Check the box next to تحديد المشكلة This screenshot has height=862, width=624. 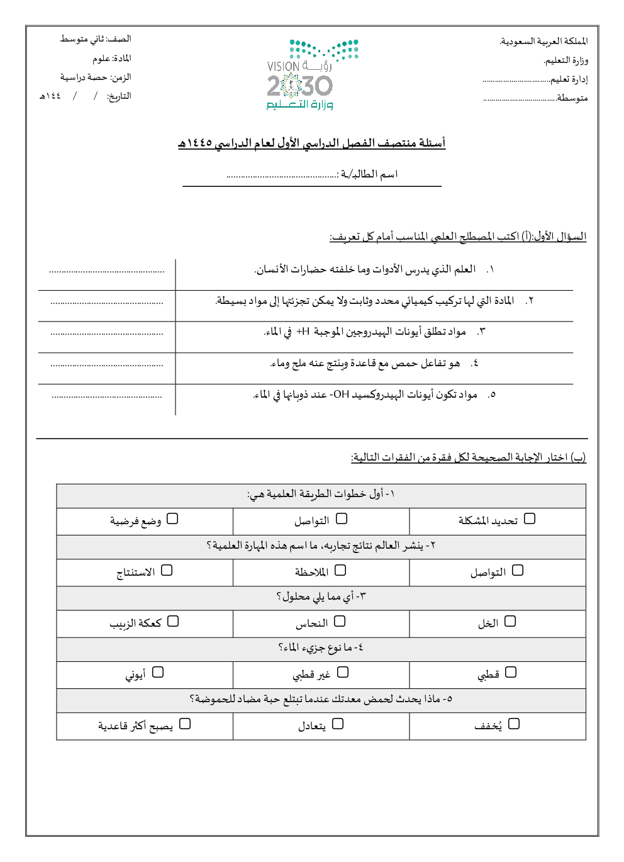coord(530,518)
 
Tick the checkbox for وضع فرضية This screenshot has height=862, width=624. coord(172,518)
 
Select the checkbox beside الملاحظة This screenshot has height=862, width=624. coord(340,570)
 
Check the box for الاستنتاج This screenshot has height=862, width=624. coord(167,570)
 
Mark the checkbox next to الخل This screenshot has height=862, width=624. coord(510,621)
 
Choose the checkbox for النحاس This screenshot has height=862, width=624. coord(340,621)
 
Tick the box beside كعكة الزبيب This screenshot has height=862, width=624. coord(173,621)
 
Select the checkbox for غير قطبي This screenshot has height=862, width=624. coord(343,672)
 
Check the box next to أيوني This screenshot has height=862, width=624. coord(158,672)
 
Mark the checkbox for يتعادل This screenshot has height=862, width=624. coord(338,724)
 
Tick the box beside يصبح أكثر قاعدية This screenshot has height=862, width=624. coord(185,724)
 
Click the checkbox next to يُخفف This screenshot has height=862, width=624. coord(514,724)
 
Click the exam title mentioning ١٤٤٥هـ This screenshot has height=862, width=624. coord(311,143)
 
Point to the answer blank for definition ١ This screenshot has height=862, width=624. coord(107,271)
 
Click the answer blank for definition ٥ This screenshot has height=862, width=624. coord(107,396)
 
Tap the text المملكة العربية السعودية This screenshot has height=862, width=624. coord(543,42)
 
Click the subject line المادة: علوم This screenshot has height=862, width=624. coord(112,59)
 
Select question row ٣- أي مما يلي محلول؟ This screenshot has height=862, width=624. coord(321,596)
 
